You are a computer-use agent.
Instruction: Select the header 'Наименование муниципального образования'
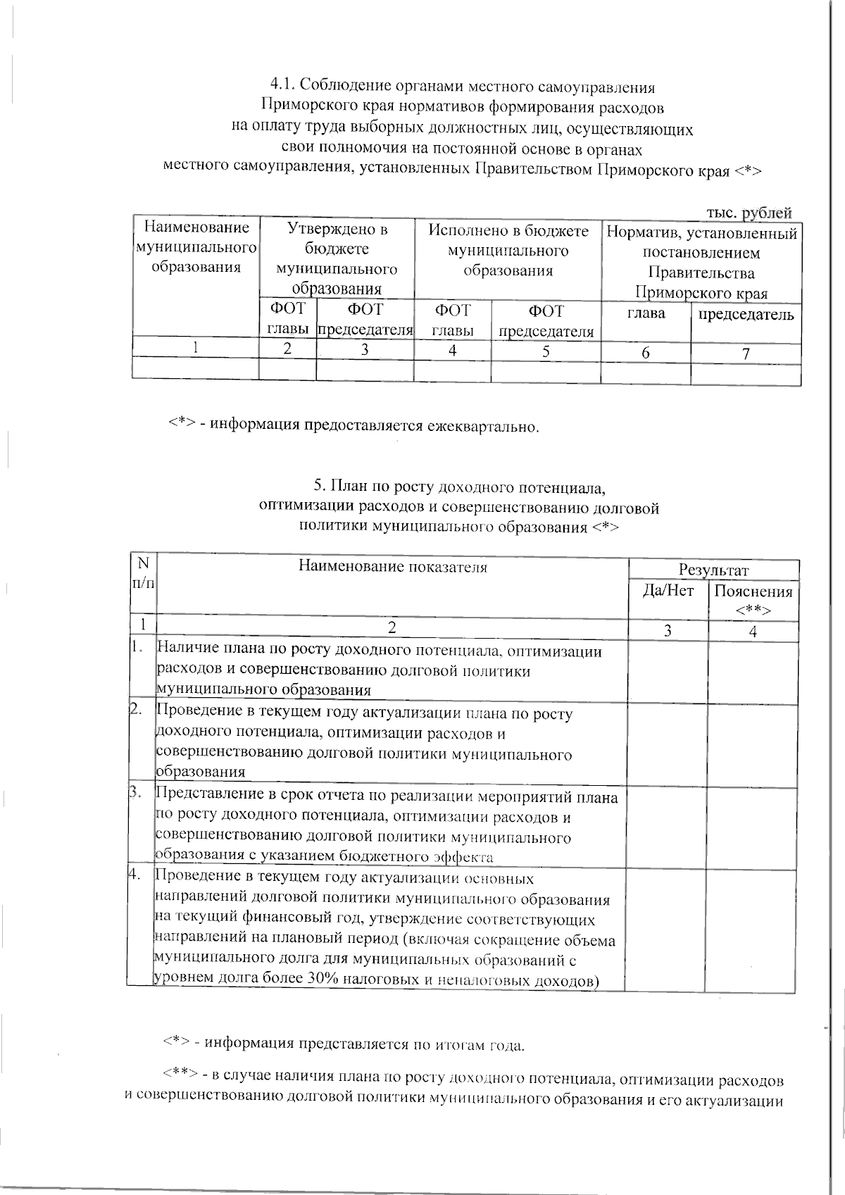point(196,247)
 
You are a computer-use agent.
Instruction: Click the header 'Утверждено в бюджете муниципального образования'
point(337,258)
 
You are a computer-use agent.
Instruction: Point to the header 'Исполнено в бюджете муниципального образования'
point(508,250)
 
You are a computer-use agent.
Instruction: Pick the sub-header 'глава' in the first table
point(646,313)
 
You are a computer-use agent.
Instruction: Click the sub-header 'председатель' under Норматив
point(746,314)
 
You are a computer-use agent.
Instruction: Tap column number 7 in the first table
point(746,353)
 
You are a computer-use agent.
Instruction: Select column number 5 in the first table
point(546,351)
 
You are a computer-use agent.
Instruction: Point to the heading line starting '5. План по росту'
point(459,487)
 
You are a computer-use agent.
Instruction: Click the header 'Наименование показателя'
point(392,566)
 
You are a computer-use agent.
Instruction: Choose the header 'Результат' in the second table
point(713,570)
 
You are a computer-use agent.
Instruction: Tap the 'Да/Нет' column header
point(668,591)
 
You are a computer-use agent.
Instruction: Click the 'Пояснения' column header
point(753,592)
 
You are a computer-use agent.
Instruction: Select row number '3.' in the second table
point(136,794)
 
